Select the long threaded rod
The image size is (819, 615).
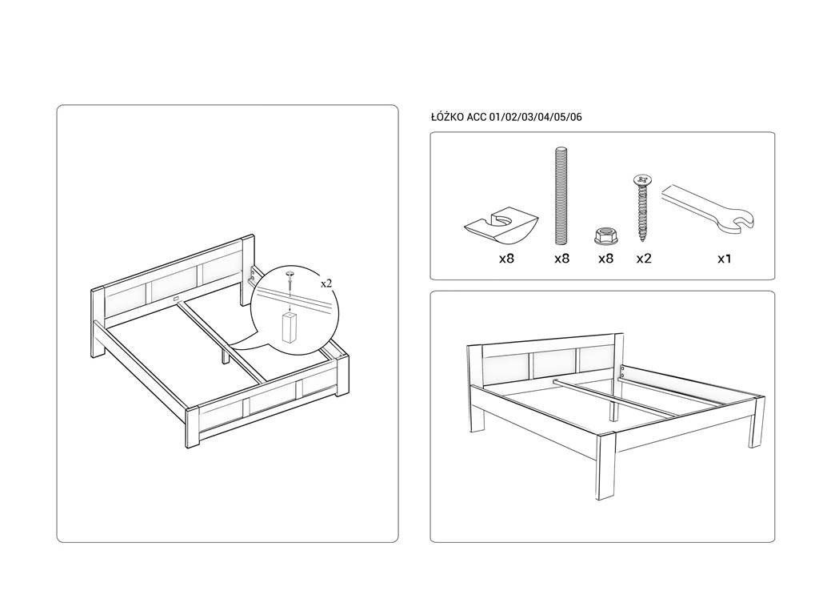561,196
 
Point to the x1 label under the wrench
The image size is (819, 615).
724,259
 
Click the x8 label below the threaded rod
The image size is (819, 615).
561,259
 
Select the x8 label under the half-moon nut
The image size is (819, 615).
506,259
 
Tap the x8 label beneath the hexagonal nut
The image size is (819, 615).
605,259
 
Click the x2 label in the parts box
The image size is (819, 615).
644,259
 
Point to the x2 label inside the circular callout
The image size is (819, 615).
326,283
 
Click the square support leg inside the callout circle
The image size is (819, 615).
287,328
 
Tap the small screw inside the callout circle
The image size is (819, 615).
289,282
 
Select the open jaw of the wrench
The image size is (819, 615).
741,222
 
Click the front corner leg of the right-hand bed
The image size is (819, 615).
606,465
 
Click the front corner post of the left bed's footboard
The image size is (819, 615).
193,428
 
